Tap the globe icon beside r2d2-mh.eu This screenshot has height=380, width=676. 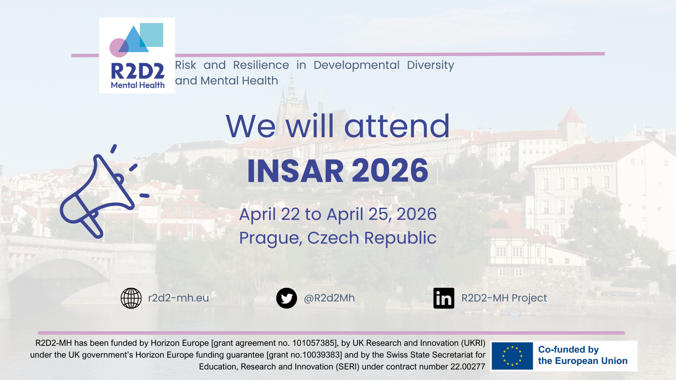(131, 298)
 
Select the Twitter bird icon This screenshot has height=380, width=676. (286, 298)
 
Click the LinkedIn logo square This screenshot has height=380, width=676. (444, 298)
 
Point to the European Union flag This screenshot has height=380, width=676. (512, 356)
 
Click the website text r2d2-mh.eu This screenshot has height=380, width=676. (178, 298)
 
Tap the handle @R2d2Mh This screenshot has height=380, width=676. (329, 298)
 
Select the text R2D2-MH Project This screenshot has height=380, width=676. (504, 298)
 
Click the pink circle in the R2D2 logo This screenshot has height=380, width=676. (119, 48)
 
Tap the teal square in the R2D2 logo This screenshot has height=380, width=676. (152, 35)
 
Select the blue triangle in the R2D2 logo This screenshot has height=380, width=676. (135, 40)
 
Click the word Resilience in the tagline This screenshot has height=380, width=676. (261, 65)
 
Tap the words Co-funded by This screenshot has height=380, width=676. (568, 349)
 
